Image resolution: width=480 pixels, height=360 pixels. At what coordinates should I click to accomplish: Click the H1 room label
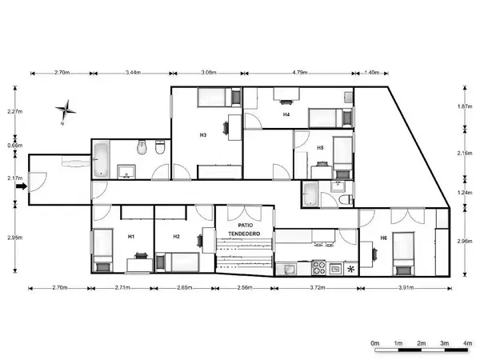[x=130, y=236]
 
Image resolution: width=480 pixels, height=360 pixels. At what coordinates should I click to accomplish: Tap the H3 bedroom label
[x=204, y=135]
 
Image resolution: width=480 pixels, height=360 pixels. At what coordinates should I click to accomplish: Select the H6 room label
[x=384, y=238]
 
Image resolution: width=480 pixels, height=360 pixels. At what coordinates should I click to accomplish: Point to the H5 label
[x=319, y=148]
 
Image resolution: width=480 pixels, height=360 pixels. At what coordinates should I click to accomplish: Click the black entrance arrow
[x=22, y=187]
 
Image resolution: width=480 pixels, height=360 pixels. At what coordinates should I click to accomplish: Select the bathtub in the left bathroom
[x=102, y=158]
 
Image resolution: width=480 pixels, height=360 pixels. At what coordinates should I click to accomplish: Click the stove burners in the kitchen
[x=318, y=268]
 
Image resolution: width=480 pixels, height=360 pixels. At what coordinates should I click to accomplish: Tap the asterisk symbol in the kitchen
[x=350, y=269]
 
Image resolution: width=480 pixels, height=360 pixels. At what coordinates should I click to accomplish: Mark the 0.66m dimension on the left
[x=15, y=146]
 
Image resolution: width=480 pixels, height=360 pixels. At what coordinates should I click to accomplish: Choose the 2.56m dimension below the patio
[x=244, y=287]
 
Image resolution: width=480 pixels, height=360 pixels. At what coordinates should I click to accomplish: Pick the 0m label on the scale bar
[x=374, y=343]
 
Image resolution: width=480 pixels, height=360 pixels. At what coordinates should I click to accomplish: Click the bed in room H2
[x=180, y=261]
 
